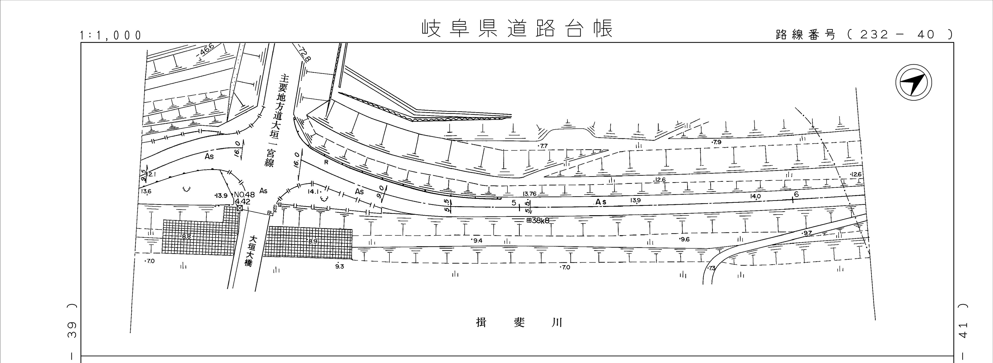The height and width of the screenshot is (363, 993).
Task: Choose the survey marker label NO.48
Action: click(244, 195)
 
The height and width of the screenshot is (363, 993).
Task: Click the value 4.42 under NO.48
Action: click(243, 201)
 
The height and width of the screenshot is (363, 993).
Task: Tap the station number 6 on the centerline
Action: click(796, 195)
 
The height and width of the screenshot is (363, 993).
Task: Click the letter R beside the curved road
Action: click(326, 162)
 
